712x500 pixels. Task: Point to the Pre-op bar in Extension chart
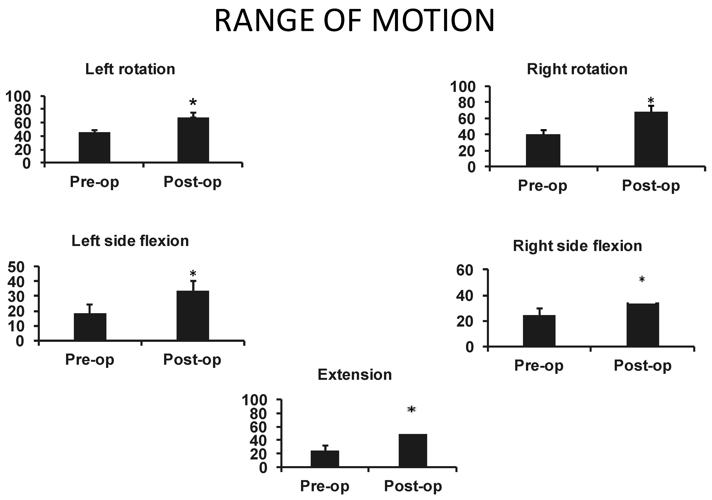coord(325,459)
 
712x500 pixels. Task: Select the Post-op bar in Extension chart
coord(413,450)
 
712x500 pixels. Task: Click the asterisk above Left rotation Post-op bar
coord(193,102)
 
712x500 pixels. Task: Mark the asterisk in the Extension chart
coord(412,409)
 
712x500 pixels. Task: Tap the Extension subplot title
coord(354,375)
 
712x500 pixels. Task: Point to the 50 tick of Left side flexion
coord(15,267)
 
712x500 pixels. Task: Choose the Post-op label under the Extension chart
coord(413,486)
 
